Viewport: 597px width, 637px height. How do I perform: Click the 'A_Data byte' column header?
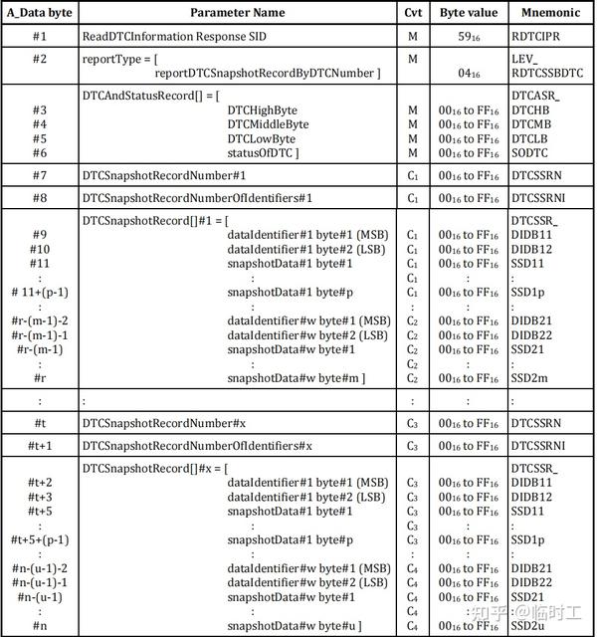(40, 13)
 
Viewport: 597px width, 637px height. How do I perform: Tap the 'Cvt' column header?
(413, 13)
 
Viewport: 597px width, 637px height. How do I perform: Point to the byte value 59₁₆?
(469, 36)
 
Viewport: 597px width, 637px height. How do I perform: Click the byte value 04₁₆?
(469, 74)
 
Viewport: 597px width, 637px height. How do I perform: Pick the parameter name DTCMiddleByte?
(268, 124)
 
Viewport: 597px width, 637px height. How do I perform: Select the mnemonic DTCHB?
(531, 109)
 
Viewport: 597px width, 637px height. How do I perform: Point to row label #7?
(40, 175)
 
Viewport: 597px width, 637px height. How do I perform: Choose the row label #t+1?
(40, 445)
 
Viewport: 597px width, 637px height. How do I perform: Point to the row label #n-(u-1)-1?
(40, 581)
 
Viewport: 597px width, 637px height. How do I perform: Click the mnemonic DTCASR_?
(536, 95)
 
